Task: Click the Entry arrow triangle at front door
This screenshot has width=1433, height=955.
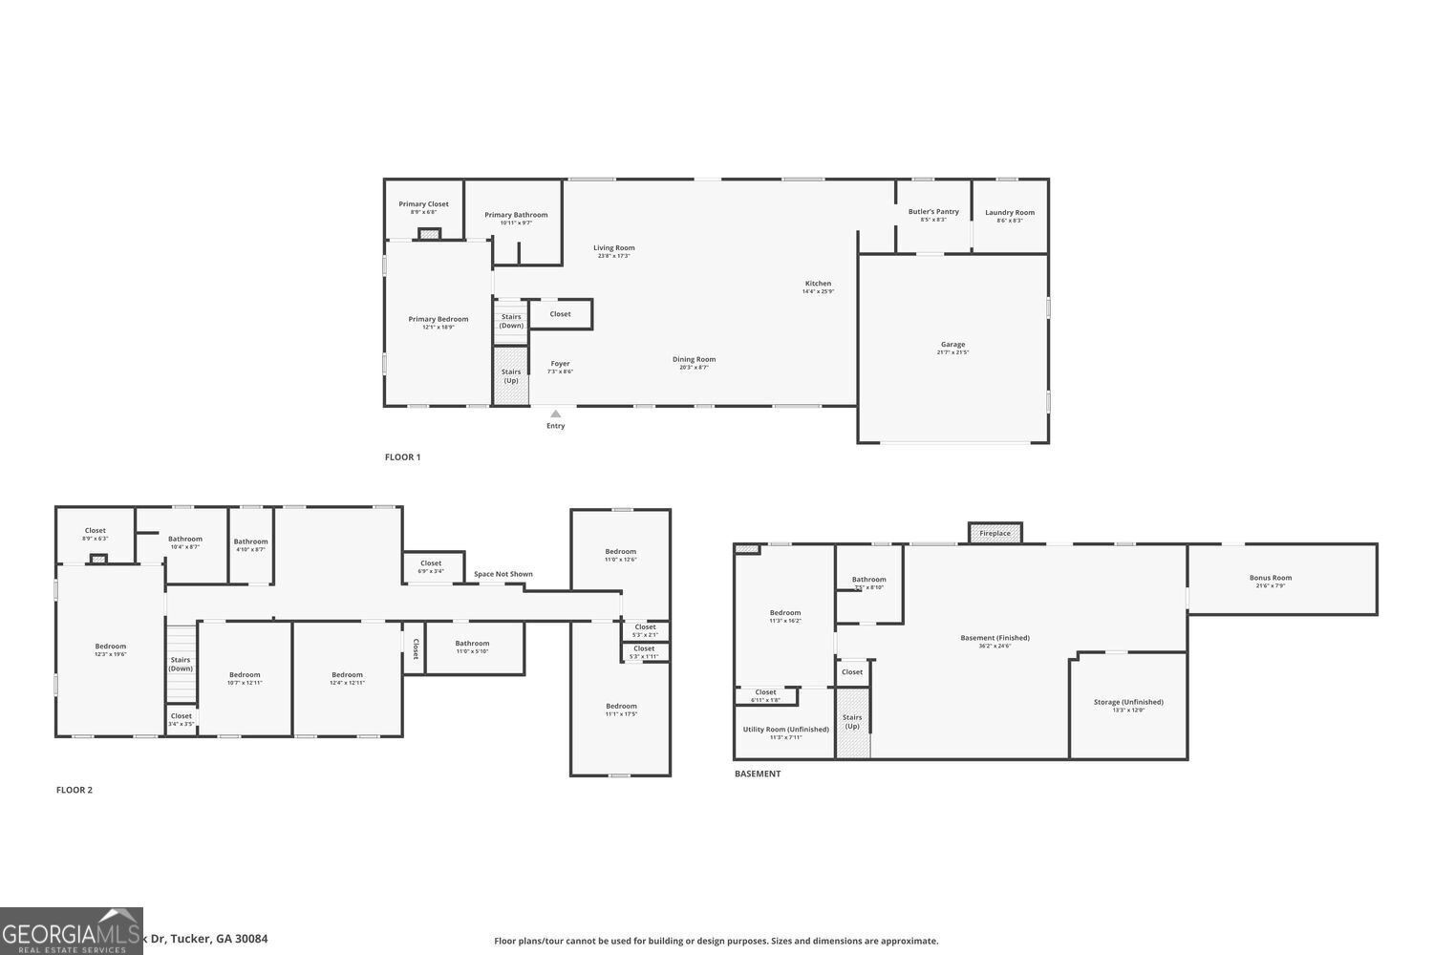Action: (555, 414)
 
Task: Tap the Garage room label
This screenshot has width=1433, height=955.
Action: (952, 345)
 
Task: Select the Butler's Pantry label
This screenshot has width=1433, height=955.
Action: (933, 212)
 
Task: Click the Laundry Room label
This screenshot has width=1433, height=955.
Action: (1010, 213)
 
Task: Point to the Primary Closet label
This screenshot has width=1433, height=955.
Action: (423, 204)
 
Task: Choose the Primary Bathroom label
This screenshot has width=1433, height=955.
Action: (516, 215)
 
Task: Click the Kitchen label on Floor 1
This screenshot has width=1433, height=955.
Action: (818, 284)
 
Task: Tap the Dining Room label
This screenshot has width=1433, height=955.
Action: (694, 360)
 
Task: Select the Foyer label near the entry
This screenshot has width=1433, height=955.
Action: (560, 364)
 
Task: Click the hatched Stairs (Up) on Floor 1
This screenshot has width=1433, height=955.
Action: (511, 375)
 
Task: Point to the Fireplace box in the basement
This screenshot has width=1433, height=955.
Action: (995, 533)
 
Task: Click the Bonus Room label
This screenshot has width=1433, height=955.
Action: (1270, 578)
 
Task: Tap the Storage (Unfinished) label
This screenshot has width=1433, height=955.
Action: (1128, 702)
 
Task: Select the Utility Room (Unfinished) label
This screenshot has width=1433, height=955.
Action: (785, 730)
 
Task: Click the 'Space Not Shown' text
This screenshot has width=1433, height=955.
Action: (503, 574)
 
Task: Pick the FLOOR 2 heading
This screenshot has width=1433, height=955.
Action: (75, 790)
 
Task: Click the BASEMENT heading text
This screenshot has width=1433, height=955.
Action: (758, 774)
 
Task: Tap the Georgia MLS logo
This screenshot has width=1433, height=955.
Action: (72, 931)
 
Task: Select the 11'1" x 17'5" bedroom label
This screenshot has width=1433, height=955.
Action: (621, 707)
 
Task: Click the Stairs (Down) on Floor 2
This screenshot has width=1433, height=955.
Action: (181, 664)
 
